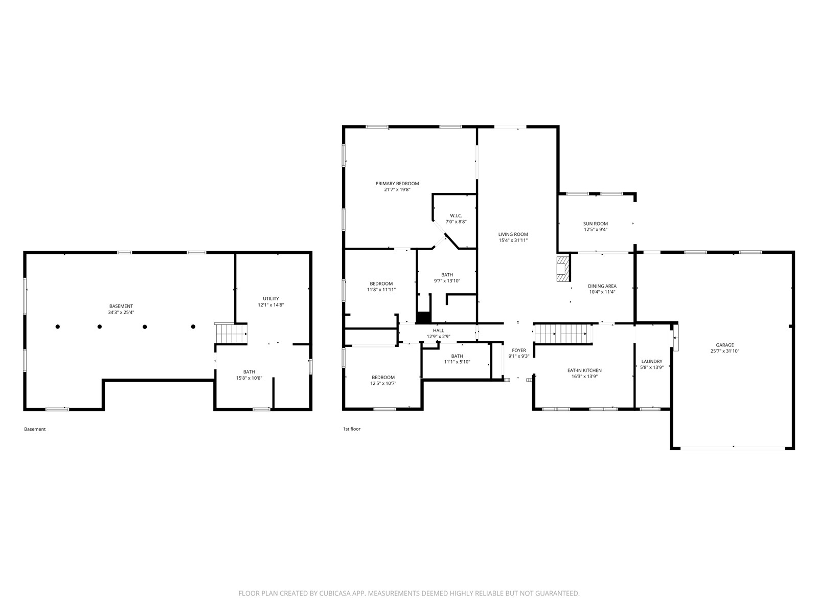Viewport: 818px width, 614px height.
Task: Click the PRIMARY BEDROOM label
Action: point(397,183)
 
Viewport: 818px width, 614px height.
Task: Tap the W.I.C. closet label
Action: point(456,215)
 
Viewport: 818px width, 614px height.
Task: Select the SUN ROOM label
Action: point(596,224)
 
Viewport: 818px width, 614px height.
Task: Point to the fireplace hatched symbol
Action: point(563,268)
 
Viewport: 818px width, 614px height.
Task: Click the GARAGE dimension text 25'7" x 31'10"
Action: point(725,351)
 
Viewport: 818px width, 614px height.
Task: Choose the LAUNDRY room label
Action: point(652,361)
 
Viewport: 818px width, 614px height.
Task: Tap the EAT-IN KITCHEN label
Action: point(584,370)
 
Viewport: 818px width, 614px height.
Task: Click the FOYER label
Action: point(519,350)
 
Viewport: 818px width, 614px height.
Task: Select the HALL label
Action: point(438,331)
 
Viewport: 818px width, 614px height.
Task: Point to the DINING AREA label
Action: point(602,286)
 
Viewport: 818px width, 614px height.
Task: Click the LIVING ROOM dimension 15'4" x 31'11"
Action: point(513,240)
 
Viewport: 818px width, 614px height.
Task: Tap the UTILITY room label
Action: point(271,299)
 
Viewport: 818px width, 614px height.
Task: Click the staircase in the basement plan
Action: point(231,333)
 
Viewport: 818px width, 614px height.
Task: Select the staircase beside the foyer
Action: point(563,333)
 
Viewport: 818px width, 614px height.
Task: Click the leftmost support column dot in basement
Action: point(58,326)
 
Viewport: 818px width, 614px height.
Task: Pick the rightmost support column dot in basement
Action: point(193,326)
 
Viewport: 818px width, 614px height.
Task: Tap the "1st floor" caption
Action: point(352,429)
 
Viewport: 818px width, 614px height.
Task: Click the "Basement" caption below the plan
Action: point(35,429)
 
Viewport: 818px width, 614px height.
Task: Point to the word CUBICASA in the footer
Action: point(334,593)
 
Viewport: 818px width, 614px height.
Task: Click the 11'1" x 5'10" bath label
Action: point(457,362)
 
